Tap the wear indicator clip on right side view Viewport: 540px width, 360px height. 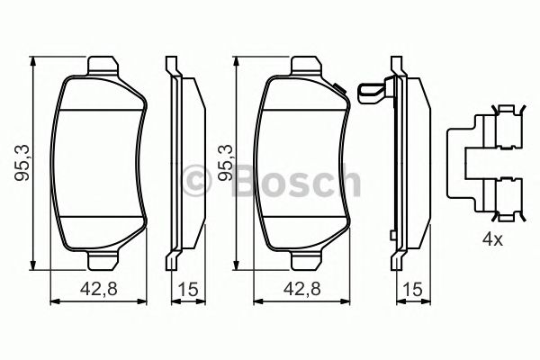[371, 92]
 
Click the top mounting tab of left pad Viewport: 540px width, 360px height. [104, 65]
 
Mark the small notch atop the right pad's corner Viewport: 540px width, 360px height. [338, 88]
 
